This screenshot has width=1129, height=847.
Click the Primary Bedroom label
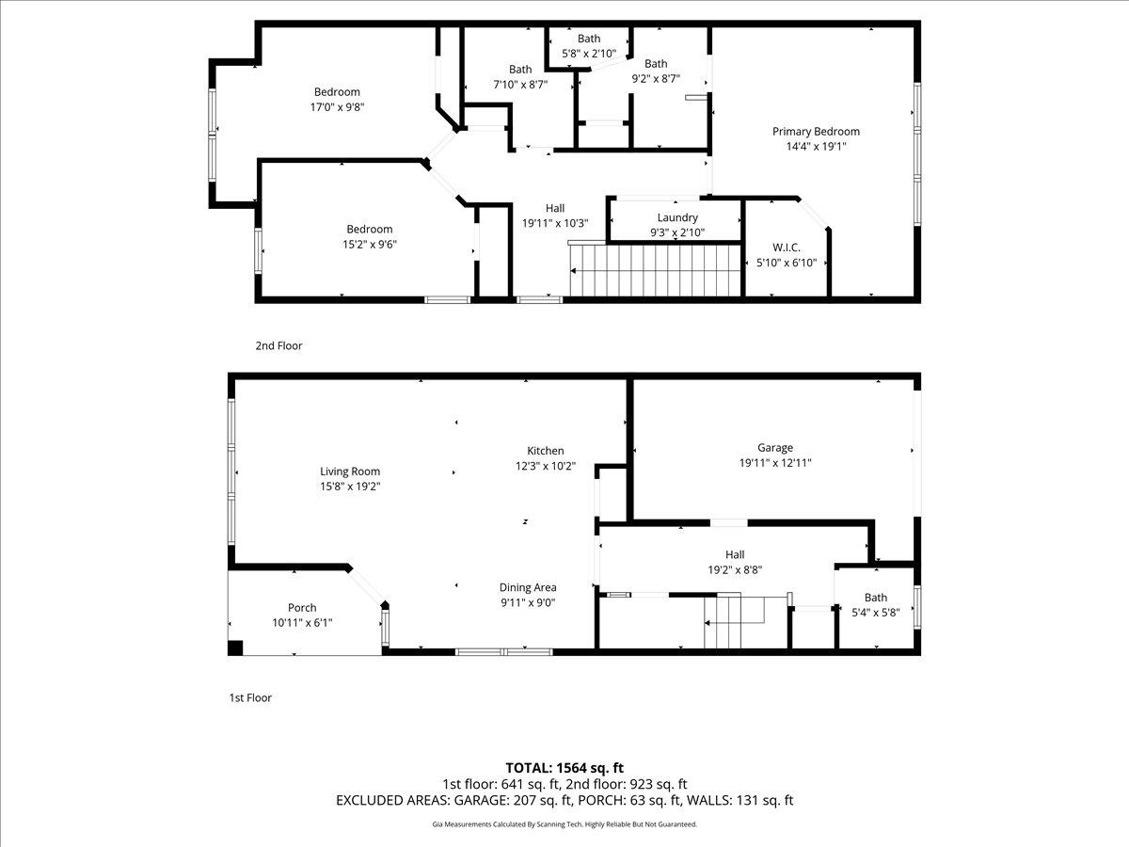point(816,132)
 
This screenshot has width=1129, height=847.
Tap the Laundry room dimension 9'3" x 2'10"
point(677,232)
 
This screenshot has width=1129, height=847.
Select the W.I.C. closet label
point(786,248)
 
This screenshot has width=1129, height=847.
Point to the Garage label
point(775,448)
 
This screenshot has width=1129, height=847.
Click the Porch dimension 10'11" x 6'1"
point(302,622)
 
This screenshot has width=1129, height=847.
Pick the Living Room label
point(350,471)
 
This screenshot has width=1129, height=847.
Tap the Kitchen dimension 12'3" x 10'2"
point(545,466)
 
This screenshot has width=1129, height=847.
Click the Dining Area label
point(527,587)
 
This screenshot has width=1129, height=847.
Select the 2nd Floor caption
point(278,345)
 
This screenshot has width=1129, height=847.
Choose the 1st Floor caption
point(250,697)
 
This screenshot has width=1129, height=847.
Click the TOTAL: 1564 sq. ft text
point(564,767)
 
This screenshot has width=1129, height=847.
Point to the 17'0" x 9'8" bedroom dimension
point(337,107)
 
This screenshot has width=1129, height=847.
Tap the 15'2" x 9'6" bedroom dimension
point(369,244)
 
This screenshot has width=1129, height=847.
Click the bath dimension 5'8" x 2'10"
point(589,54)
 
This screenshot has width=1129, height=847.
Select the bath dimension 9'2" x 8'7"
point(656,79)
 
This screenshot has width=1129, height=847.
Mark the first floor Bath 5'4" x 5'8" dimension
point(875,612)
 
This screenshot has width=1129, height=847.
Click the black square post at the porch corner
point(235,647)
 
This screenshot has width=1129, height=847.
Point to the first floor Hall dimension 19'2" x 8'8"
point(734,569)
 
